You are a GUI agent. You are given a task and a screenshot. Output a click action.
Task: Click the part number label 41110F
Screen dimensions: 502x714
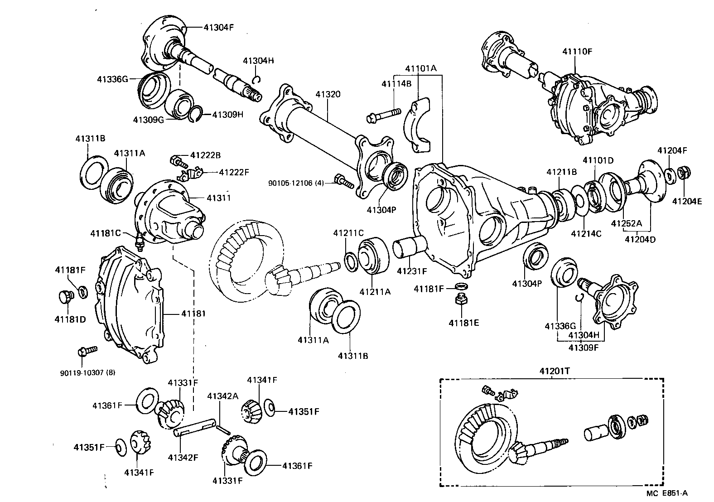[577, 51]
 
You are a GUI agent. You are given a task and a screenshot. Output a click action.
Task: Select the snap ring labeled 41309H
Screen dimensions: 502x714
[195, 115]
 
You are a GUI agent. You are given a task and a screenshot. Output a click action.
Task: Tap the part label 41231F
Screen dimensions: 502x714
[412, 271]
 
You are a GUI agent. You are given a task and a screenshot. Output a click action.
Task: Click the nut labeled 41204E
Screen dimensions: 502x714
[683, 173]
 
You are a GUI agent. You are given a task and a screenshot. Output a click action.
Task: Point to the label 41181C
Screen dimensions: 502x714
[105, 233]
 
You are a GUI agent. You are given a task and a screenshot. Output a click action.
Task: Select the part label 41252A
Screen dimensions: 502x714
[627, 223]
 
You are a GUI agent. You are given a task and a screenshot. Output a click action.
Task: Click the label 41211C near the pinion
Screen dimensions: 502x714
[348, 233]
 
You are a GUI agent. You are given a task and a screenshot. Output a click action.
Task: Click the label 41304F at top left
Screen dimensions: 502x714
[218, 27]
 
